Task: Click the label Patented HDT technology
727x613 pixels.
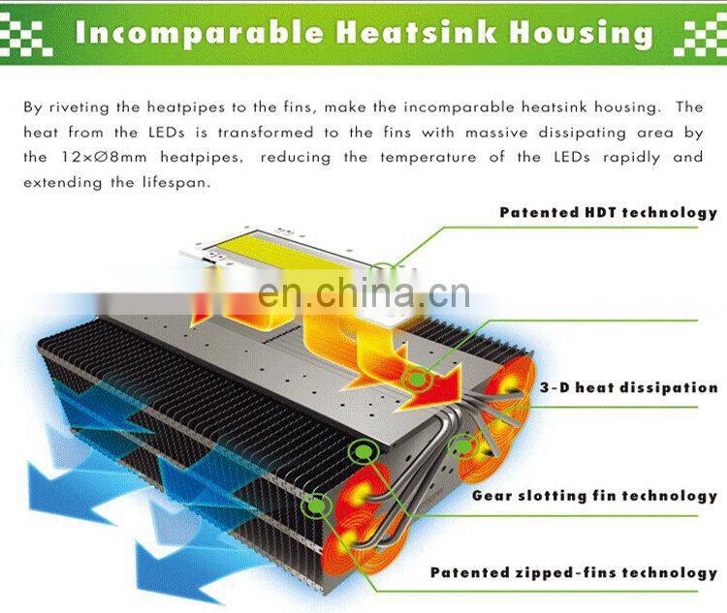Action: (x=608, y=212)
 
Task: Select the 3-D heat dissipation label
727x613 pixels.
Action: (x=628, y=387)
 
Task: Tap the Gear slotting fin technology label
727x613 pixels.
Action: (x=594, y=496)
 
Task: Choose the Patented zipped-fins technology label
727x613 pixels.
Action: (x=574, y=572)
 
